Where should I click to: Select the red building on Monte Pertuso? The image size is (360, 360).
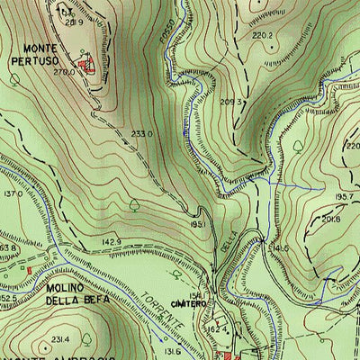point(86,64)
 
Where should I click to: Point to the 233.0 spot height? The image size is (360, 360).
point(141,134)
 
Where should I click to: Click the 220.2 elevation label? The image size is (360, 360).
point(262,35)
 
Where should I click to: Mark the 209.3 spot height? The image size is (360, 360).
point(233,102)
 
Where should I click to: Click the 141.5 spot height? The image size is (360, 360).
point(279,247)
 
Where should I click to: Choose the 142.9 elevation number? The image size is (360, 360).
point(111,243)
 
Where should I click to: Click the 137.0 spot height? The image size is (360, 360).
point(13,193)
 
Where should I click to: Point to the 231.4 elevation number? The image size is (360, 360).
point(60,339)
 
